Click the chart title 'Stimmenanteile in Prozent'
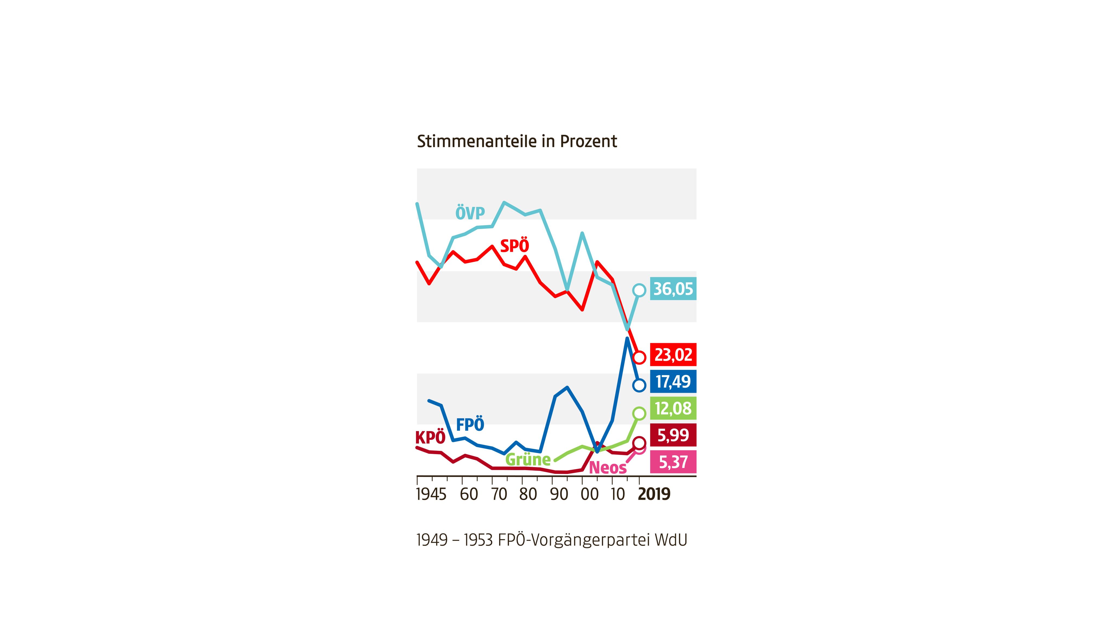coord(517,142)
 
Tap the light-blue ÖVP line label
coord(470,213)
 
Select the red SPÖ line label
coord(515,246)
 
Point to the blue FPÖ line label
coord(470,425)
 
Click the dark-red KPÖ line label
coord(430,438)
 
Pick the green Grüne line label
coord(528,459)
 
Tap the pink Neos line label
coord(607,468)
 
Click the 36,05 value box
coord(673,289)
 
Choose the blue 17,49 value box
coord(673,382)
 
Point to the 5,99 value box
coord(673,435)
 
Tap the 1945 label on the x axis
coord(431,494)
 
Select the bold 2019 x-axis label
coord(654,494)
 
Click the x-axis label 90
coord(559,494)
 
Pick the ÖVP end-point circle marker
coord(639,290)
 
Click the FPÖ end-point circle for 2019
coord(639,385)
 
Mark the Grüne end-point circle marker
coord(639,413)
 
